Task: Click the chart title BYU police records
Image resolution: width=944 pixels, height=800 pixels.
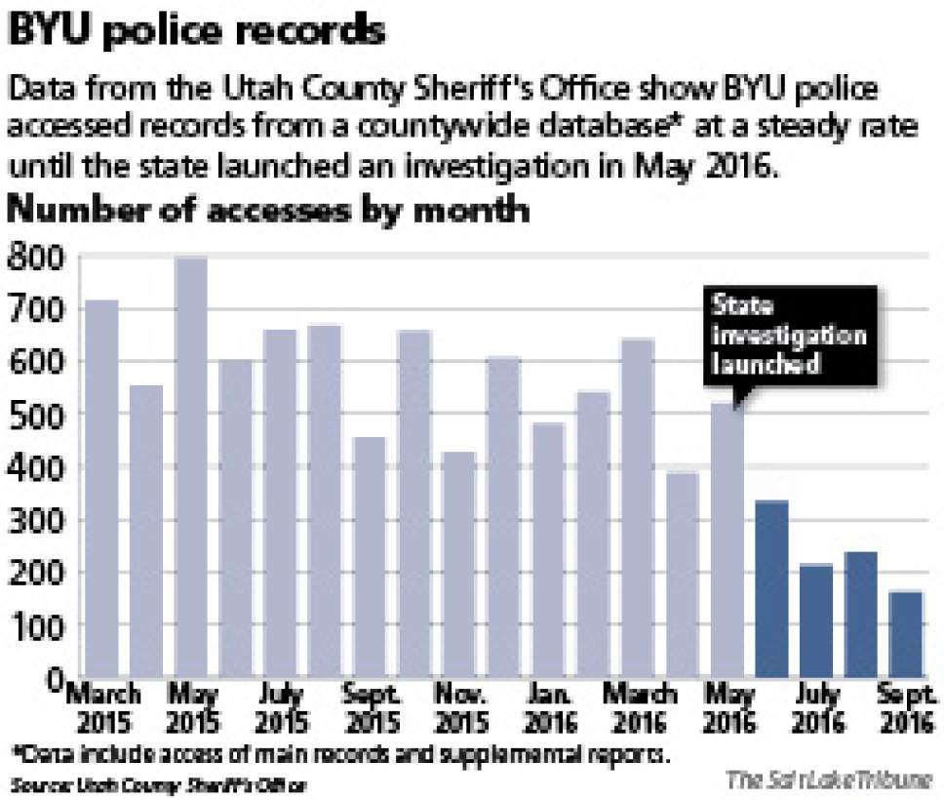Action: click(195, 31)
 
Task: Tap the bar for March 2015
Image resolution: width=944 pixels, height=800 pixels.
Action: click(100, 488)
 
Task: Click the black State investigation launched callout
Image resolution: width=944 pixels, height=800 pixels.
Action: click(790, 335)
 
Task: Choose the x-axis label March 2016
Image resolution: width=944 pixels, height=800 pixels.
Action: click(639, 709)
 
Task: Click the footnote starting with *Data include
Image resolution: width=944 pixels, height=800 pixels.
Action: click(341, 755)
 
